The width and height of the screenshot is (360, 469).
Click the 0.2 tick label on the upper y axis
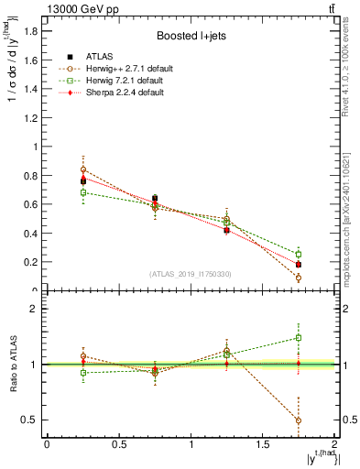tap(32, 262)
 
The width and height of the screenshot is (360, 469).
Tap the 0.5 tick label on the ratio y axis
tap(32, 420)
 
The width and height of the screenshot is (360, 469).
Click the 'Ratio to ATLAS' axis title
tap(13, 365)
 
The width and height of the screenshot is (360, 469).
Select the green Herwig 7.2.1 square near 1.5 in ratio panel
tap(299, 337)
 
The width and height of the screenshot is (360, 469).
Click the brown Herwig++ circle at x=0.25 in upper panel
tap(83, 169)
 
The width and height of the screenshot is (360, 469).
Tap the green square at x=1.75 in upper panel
tap(299, 254)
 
